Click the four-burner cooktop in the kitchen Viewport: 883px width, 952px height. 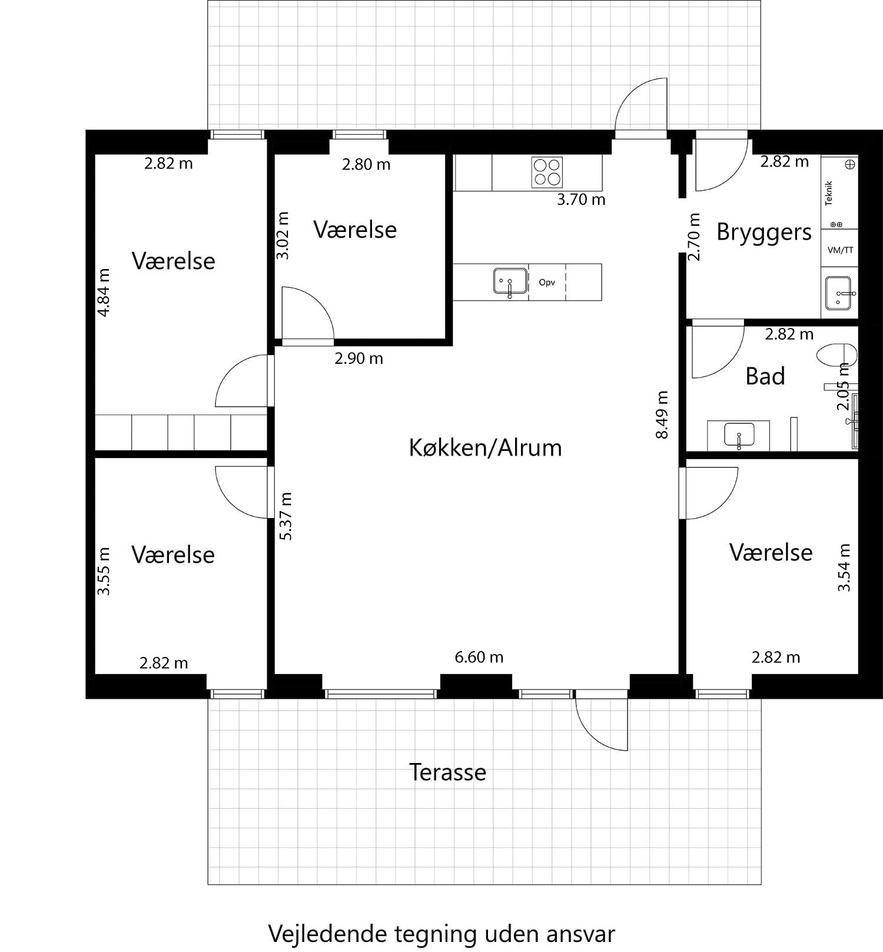pos(547,172)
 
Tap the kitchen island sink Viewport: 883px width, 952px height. pos(510,281)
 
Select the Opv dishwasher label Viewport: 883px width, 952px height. pos(547,283)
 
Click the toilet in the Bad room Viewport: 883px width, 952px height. pos(837,356)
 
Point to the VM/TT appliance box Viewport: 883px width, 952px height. pos(840,250)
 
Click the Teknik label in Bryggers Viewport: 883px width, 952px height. pos(829,193)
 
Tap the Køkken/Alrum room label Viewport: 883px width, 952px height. pos(485,448)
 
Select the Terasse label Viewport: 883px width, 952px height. pos(447,772)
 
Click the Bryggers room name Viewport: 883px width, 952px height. pos(764,232)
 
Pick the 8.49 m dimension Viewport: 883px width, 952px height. pos(662,414)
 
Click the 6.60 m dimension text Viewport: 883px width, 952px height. pos(479,657)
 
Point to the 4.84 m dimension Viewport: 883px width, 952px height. pos(104,293)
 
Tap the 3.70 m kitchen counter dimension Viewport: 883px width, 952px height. pos(581,200)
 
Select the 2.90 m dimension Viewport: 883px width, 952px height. pos(358,358)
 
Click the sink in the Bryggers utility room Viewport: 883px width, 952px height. pos(840,293)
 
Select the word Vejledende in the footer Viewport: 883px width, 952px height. pos(329,934)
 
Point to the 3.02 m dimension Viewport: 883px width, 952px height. pos(283,235)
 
